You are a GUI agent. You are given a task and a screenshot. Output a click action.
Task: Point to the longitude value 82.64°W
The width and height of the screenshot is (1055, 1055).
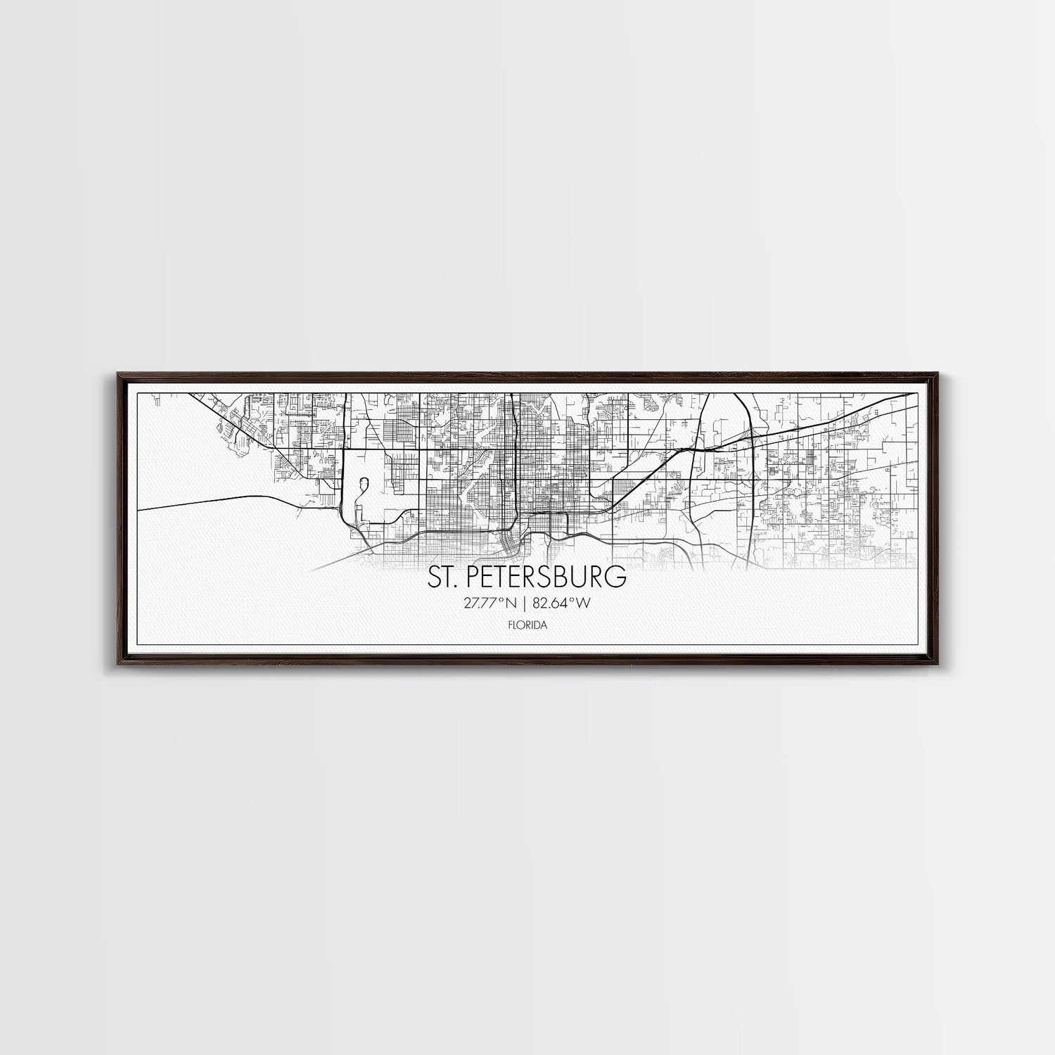pyautogui.click(x=561, y=602)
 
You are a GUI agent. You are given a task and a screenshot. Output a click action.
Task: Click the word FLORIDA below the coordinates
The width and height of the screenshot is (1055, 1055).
pyautogui.click(x=527, y=623)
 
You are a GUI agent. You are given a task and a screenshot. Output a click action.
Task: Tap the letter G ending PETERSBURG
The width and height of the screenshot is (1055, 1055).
pyautogui.click(x=617, y=577)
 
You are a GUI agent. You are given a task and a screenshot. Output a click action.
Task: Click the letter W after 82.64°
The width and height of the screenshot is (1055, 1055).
pyautogui.click(x=583, y=602)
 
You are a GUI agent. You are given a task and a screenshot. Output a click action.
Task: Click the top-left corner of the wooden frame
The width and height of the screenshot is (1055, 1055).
pyautogui.click(x=113, y=374)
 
